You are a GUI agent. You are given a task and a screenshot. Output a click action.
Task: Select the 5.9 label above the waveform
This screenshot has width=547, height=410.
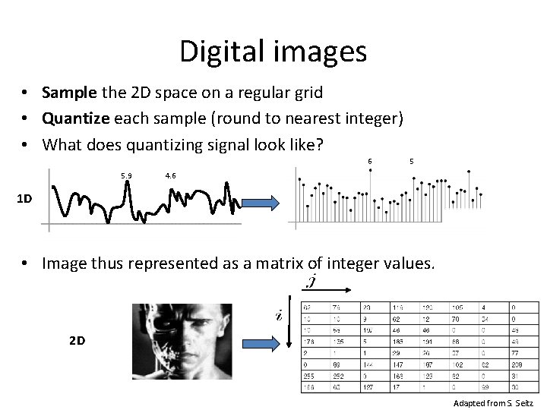(125, 176)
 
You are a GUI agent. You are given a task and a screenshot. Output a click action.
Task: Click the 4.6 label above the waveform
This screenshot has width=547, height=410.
(170, 176)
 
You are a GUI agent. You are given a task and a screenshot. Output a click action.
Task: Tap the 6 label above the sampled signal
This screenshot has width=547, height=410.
(370, 160)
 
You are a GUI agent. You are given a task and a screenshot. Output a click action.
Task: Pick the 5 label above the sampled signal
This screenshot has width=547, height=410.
(411, 160)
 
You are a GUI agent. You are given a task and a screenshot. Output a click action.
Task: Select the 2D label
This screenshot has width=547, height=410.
(77, 341)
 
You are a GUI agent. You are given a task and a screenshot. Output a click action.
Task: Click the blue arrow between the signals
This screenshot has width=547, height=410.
(261, 203)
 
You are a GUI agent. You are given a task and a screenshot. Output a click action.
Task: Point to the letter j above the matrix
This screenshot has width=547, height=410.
(311, 282)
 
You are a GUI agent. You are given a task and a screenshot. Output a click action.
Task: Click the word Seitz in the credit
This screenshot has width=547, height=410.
(522, 403)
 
